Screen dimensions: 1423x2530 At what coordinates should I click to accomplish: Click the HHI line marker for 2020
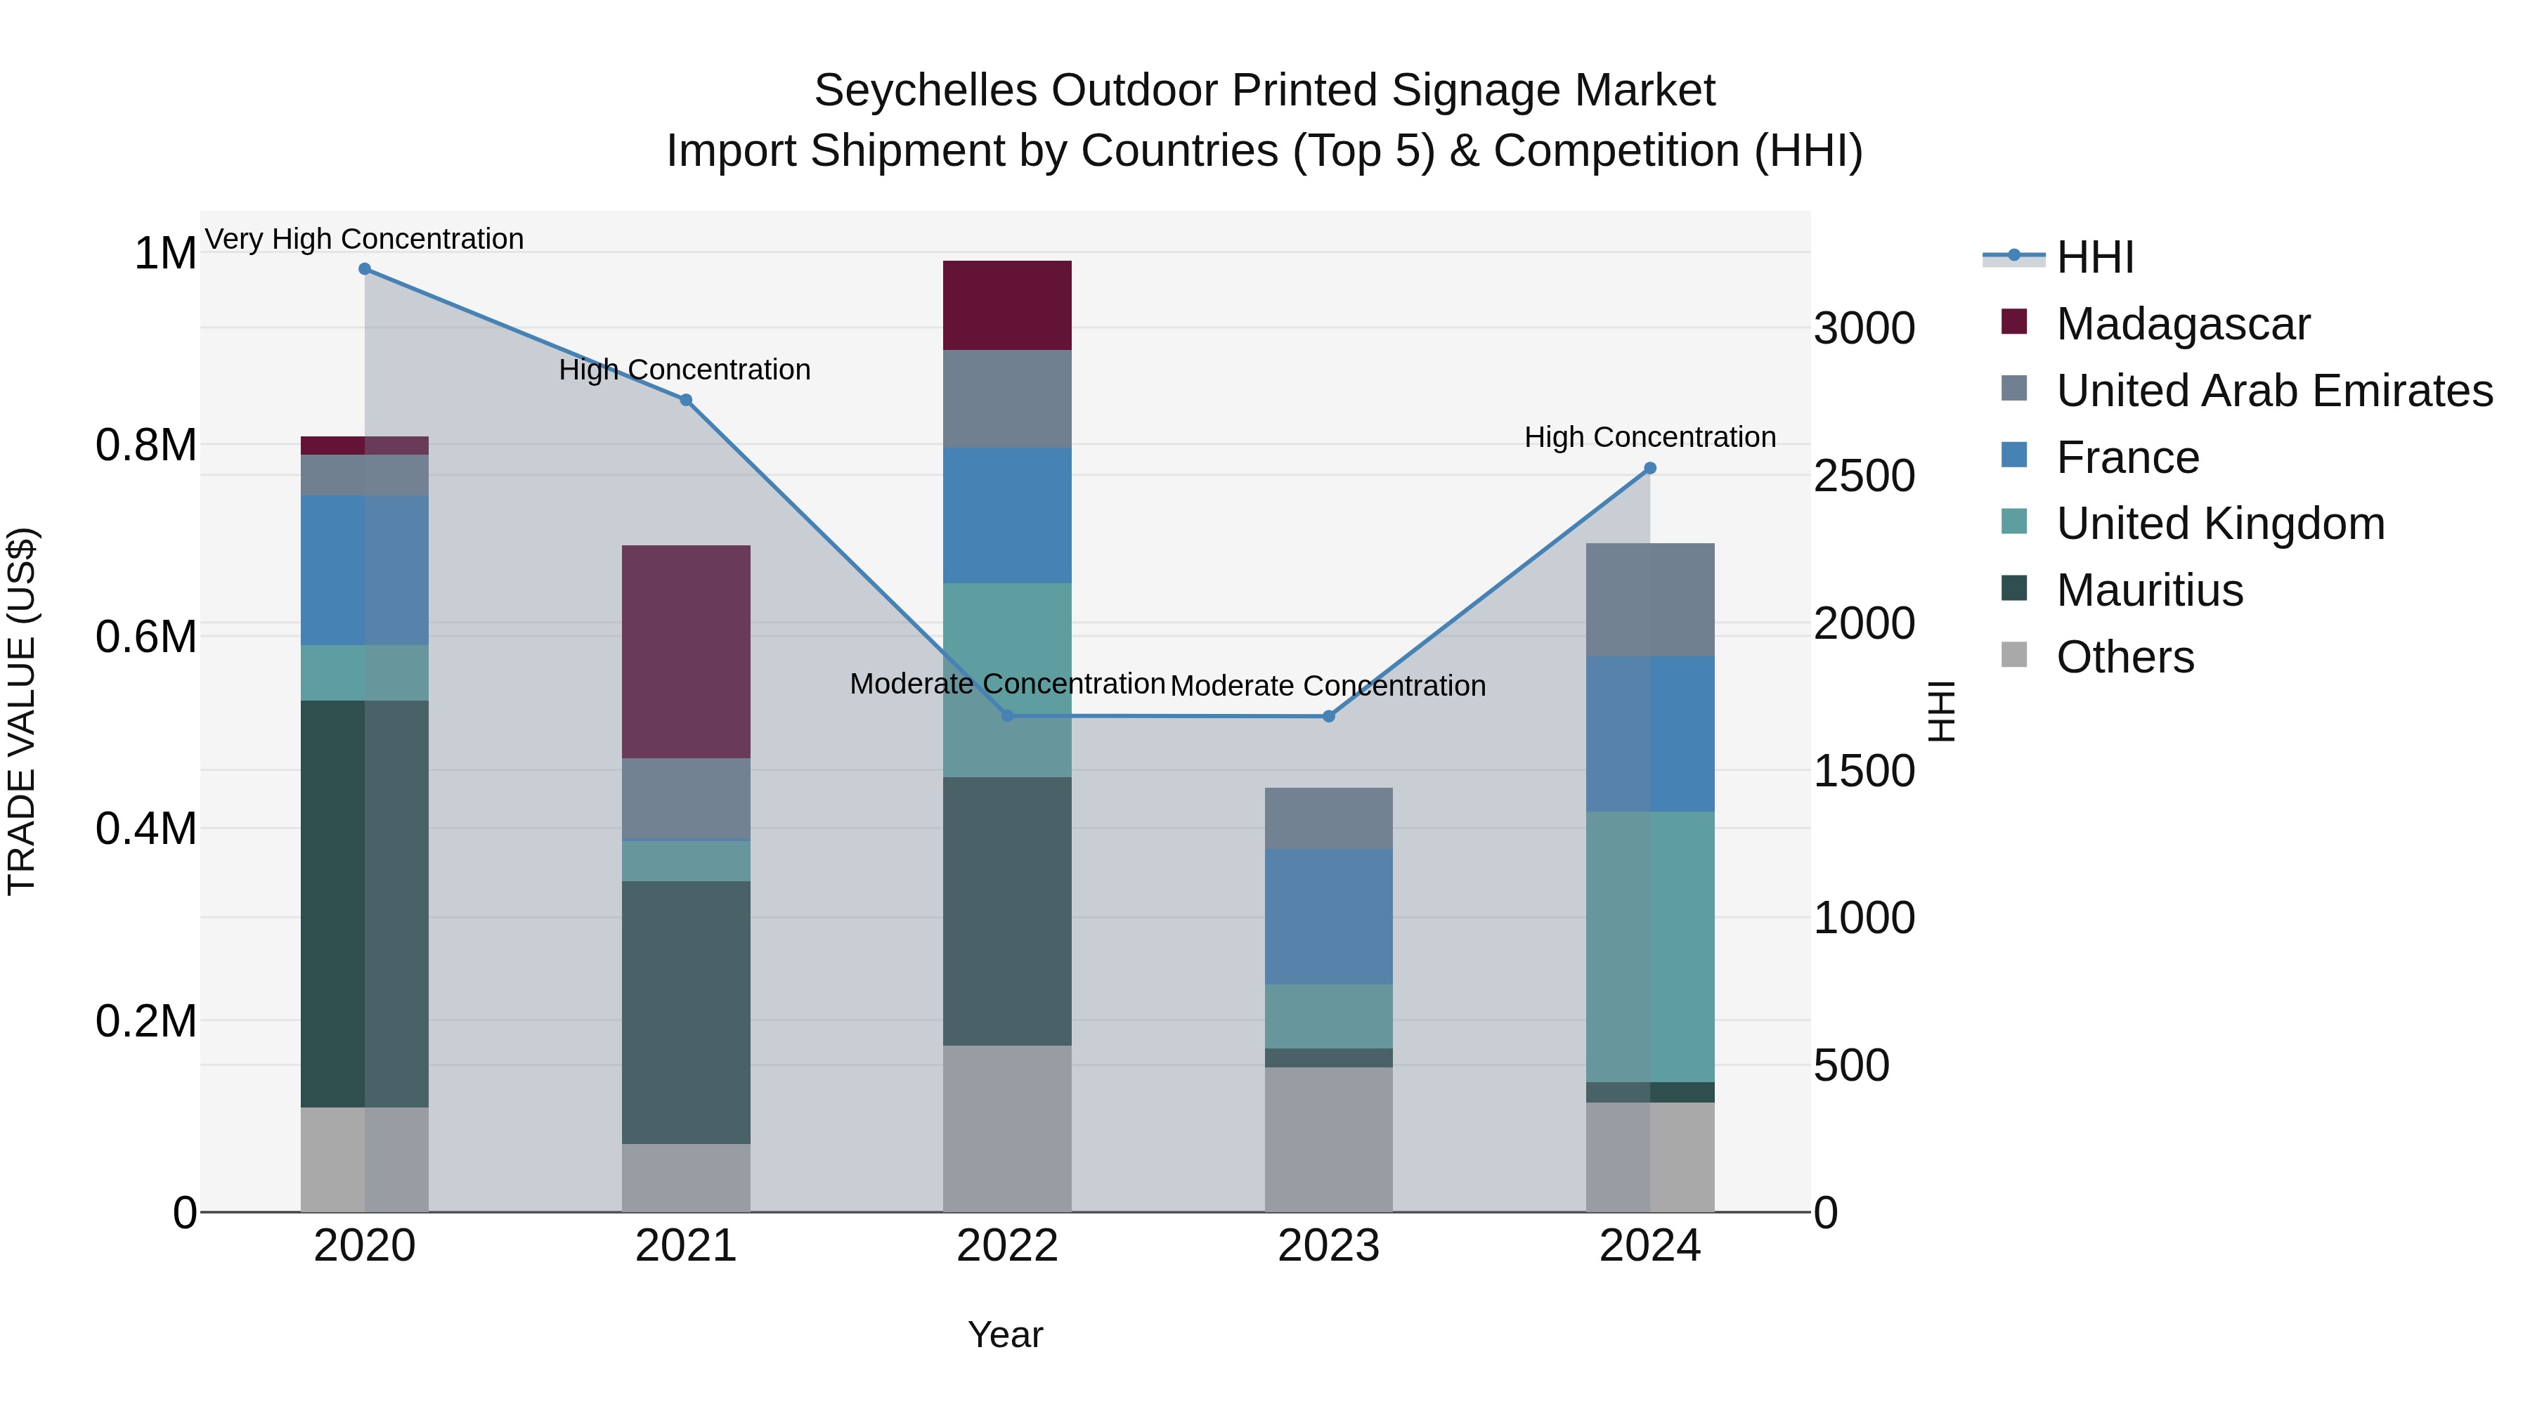[364, 269]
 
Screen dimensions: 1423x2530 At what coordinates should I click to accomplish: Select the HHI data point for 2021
[685, 400]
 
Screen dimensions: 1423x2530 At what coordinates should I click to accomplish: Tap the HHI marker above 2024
[1650, 469]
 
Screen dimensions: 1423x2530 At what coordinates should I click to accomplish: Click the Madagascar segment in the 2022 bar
[1006, 306]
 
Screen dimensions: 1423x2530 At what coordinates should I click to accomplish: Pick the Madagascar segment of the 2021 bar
[685, 651]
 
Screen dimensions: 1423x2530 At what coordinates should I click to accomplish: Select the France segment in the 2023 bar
[1328, 916]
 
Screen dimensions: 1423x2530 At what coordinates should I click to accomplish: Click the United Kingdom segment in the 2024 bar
[1650, 947]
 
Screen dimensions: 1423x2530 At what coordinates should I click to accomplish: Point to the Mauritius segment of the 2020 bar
[364, 904]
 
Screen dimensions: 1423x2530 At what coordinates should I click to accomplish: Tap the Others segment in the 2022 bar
[1006, 1129]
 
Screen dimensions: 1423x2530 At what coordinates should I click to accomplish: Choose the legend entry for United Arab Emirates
[2273, 391]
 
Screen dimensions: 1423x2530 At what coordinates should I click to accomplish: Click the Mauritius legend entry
[2149, 590]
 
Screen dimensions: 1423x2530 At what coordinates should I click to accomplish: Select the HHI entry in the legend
[2094, 257]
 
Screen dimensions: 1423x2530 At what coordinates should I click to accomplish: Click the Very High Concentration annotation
[364, 239]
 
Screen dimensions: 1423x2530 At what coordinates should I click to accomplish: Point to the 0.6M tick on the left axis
[146, 637]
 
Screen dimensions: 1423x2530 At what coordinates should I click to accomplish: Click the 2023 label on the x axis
[1328, 1246]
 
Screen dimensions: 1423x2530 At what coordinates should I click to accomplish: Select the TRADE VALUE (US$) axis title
[22, 711]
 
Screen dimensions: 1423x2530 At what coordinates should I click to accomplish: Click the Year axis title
[1005, 1334]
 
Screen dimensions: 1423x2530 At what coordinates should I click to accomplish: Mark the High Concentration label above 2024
[1650, 437]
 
